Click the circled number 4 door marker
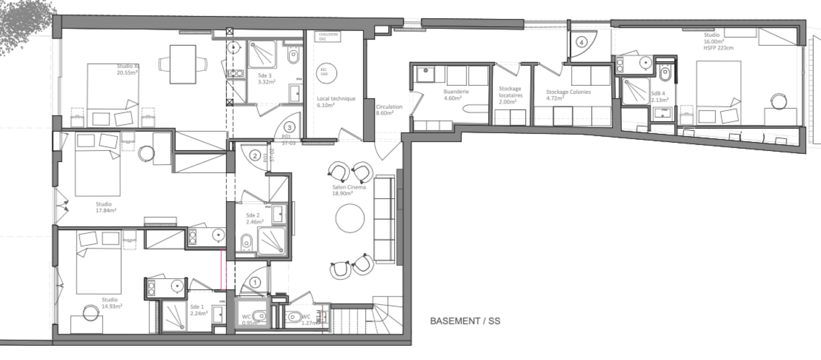(x=581, y=42)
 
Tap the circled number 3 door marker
(x=289, y=128)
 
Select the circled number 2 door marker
(x=255, y=156)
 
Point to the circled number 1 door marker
(x=255, y=283)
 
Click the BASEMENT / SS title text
(x=465, y=321)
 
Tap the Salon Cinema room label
(x=349, y=190)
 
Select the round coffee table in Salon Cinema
(x=350, y=219)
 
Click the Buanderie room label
(x=456, y=94)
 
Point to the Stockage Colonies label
(x=568, y=94)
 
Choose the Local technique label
(x=336, y=101)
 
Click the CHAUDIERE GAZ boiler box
(x=328, y=37)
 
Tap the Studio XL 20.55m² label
(x=128, y=69)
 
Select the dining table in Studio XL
(x=183, y=64)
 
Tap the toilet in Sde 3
(x=293, y=57)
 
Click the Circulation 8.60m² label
(x=389, y=110)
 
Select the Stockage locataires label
(x=510, y=95)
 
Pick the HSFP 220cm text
(x=718, y=48)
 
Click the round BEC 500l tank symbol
(x=326, y=73)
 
